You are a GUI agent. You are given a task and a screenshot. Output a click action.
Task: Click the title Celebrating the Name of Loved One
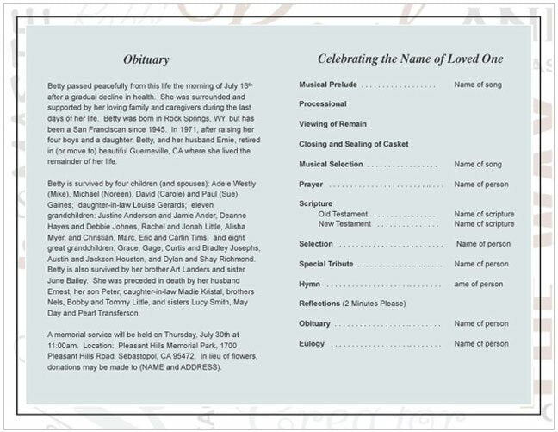pos(410,59)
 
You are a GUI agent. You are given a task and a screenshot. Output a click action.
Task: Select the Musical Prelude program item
pos(327,85)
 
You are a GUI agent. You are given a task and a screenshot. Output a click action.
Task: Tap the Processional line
pos(323,104)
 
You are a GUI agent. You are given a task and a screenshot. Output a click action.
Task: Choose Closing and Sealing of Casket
pos(354,144)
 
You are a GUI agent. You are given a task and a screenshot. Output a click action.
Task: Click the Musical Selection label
pos(331,164)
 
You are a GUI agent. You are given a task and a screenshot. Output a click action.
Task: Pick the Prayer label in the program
pos(311,184)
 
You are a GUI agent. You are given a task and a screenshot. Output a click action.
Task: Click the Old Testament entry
pos(343,214)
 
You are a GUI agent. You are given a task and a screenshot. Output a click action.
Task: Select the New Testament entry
pos(344,223)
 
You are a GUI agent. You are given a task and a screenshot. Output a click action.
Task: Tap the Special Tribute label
pos(326,264)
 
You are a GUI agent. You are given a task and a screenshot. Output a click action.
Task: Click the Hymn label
pos(309,284)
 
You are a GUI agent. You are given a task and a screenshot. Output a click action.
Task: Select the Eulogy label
pos(312,343)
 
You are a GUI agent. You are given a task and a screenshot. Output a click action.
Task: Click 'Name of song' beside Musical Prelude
pos(478,85)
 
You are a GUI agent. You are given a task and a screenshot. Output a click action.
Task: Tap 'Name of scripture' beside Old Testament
pos(484,214)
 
